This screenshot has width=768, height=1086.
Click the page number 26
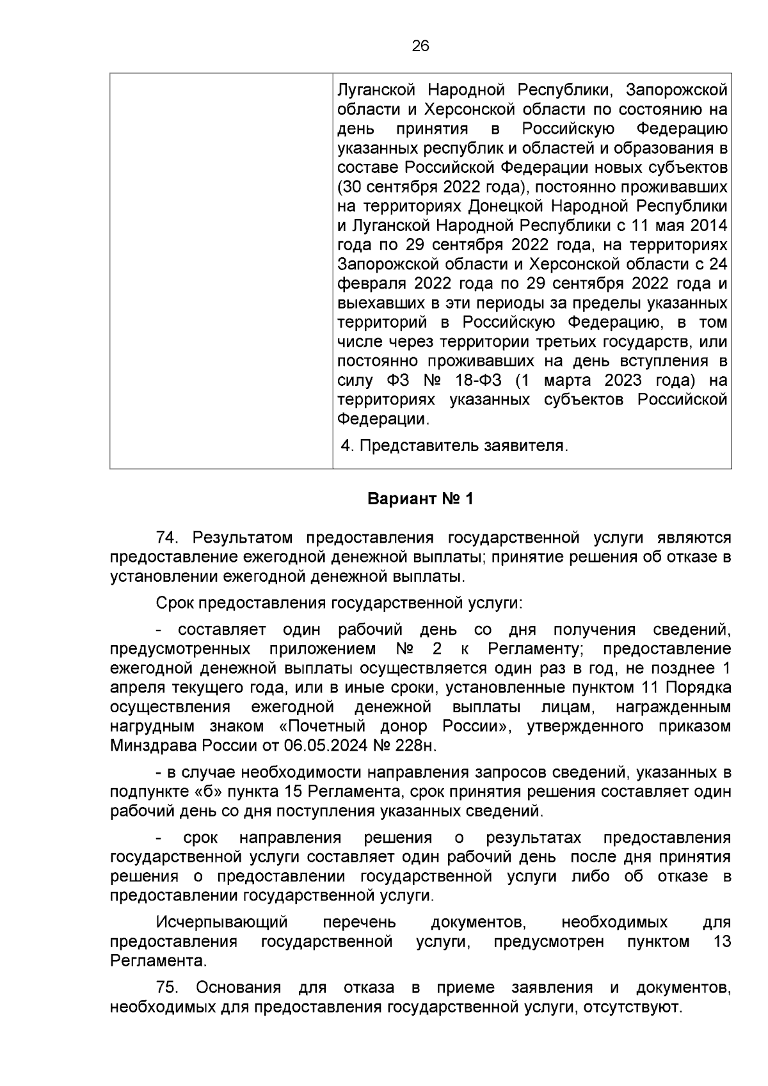coord(420,46)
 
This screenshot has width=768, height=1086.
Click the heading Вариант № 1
coord(420,499)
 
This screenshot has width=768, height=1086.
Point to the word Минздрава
coord(153,746)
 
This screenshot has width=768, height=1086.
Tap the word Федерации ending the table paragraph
coord(382,419)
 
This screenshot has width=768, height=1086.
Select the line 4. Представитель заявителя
coord(454,445)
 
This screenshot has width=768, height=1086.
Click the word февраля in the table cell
coord(371,283)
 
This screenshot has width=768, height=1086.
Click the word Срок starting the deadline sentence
coord(174,603)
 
